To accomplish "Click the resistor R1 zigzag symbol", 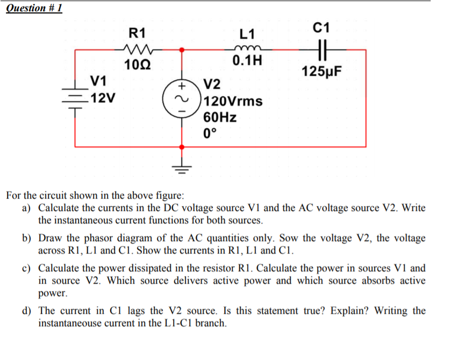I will [x=138, y=50].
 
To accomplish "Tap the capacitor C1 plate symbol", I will [x=324, y=50].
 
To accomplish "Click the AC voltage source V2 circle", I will [x=182, y=98].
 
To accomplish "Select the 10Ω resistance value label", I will [x=137, y=66].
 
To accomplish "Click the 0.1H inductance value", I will [x=248, y=60].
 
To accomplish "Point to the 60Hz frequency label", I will [x=220, y=117].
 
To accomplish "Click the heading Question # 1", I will [x=33, y=8].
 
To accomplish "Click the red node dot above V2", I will [x=182, y=50].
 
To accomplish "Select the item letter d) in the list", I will [x=27, y=311].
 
